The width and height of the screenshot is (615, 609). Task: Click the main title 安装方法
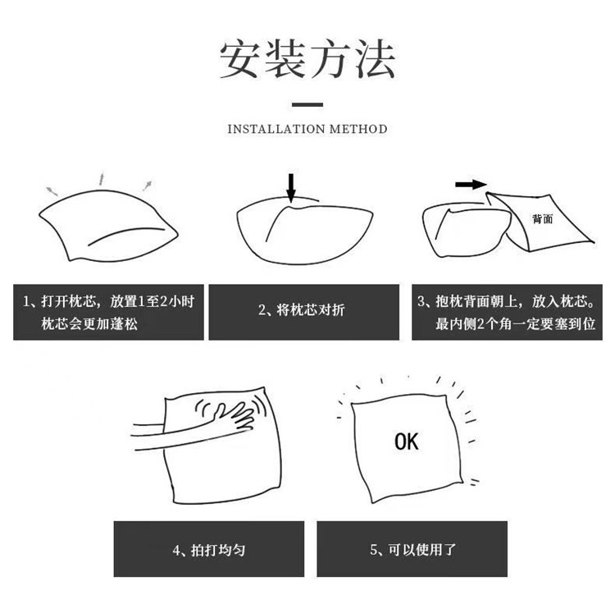click(x=307, y=59)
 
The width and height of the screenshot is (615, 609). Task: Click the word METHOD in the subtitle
click(x=358, y=129)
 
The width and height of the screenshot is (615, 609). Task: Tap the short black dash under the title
click(x=307, y=104)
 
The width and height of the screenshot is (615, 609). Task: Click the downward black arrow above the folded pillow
click(x=290, y=186)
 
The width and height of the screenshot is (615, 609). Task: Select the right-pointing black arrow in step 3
click(x=471, y=185)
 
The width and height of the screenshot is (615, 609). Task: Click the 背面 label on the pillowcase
click(x=542, y=219)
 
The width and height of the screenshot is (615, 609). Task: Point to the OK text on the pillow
click(x=406, y=442)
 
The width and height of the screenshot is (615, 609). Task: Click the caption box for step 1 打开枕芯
click(x=108, y=312)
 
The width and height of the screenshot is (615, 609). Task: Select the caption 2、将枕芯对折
click(x=303, y=312)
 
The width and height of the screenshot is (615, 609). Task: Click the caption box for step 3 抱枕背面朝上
click(x=506, y=312)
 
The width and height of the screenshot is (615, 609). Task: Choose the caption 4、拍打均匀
click(x=209, y=549)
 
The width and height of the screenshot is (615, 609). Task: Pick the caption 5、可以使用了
click(x=408, y=549)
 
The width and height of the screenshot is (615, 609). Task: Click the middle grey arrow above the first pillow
click(x=102, y=177)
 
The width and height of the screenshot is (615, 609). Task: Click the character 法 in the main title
click(x=373, y=59)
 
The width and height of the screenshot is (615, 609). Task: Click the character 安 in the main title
click(x=241, y=59)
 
